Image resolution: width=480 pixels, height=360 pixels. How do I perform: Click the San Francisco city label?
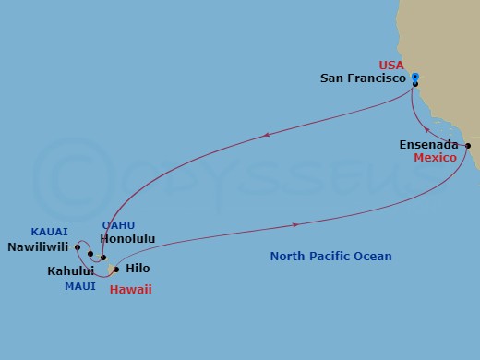(364, 79)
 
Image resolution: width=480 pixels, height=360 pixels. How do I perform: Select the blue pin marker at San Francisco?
(415, 78)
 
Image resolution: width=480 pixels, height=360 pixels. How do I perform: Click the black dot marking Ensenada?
(468, 146)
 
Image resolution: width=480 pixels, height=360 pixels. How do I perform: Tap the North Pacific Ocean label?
(330, 257)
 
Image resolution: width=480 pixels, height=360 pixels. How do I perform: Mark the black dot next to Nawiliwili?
(78, 246)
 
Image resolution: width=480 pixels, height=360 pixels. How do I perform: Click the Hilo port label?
(137, 269)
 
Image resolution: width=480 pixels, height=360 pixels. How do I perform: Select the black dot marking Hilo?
(115, 270)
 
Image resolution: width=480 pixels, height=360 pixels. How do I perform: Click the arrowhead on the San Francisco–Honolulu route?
(267, 135)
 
